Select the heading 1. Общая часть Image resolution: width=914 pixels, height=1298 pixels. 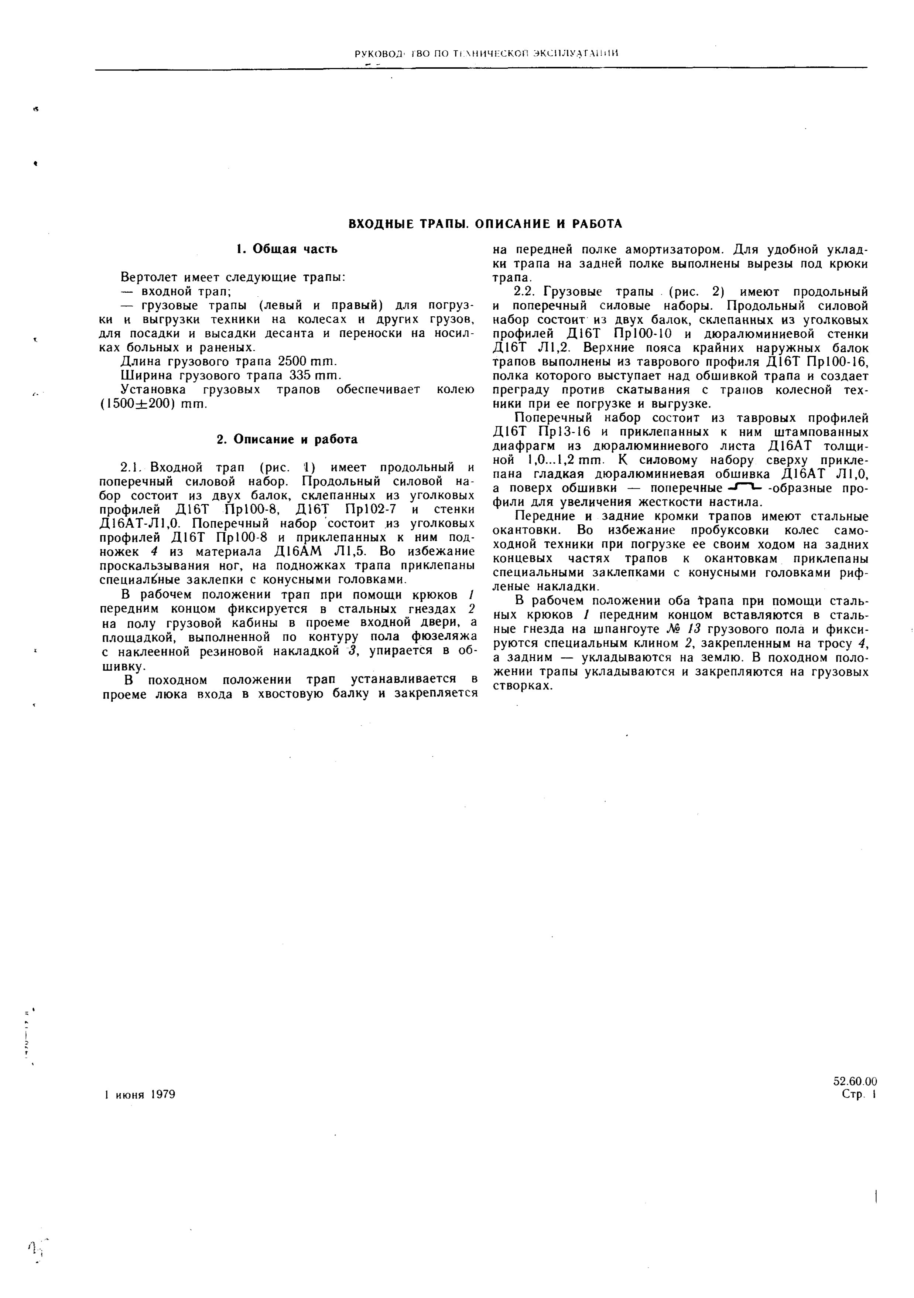287,249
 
